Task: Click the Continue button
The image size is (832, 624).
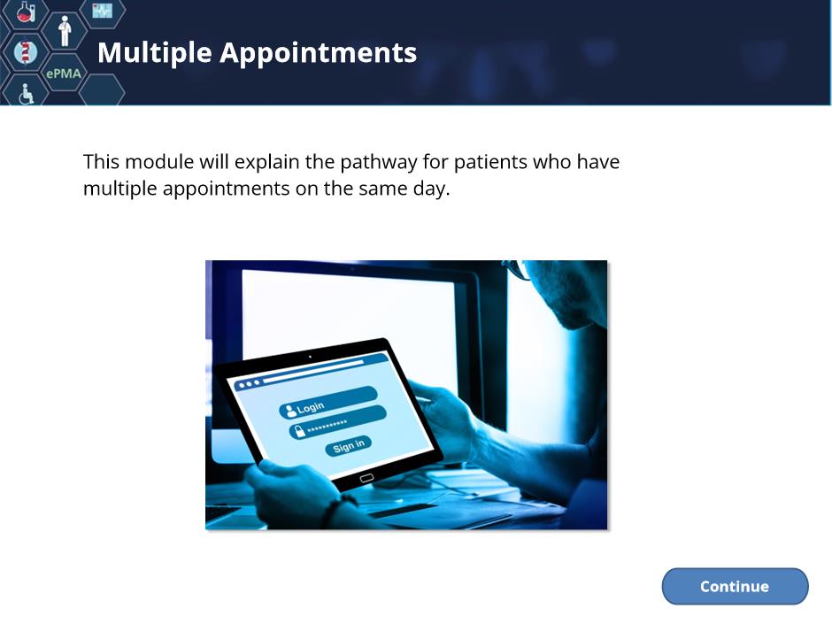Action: pyautogui.click(x=735, y=586)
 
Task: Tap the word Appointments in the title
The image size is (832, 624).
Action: pyautogui.click(x=319, y=52)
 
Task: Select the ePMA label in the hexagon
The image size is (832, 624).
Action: pyautogui.click(x=64, y=73)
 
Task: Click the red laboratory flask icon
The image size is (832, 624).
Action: pyautogui.click(x=26, y=12)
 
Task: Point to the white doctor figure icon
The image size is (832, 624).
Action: pyautogui.click(x=65, y=31)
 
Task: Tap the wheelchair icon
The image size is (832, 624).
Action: pyautogui.click(x=26, y=94)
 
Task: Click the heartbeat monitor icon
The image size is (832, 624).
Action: pyautogui.click(x=103, y=10)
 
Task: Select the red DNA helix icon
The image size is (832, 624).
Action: pyautogui.click(x=26, y=52)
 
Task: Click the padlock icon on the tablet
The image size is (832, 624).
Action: pyautogui.click(x=300, y=431)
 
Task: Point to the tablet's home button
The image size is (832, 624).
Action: pyautogui.click(x=366, y=478)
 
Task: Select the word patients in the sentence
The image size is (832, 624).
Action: pyautogui.click(x=490, y=162)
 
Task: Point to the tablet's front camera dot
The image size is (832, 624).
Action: pyautogui.click(x=310, y=357)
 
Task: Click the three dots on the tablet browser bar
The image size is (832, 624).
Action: pyautogui.click(x=250, y=383)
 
